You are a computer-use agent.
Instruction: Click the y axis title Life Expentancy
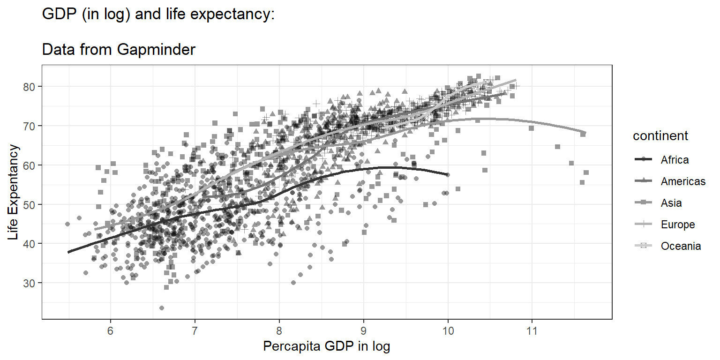pyautogui.click(x=14, y=192)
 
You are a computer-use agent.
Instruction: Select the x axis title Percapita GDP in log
pyautogui.click(x=327, y=347)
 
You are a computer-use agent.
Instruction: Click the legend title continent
pyautogui.click(x=660, y=136)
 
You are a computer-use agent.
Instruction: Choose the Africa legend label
pyautogui.click(x=675, y=160)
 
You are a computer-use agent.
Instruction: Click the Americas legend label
pyautogui.click(x=683, y=181)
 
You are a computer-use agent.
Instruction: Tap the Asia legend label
pyautogui.click(x=671, y=203)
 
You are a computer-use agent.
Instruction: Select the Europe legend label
pyautogui.click(x=678, y=225)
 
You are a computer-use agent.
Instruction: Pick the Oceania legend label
pyautogui.click(x=681, y=246)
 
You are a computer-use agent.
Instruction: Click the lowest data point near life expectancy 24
pyautogui.click(x=162, y=308)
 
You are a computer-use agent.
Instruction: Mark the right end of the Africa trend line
pyautogui.click(x=448, y=174)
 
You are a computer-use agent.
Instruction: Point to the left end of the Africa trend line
pyautogui.click(x=68, y=252)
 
